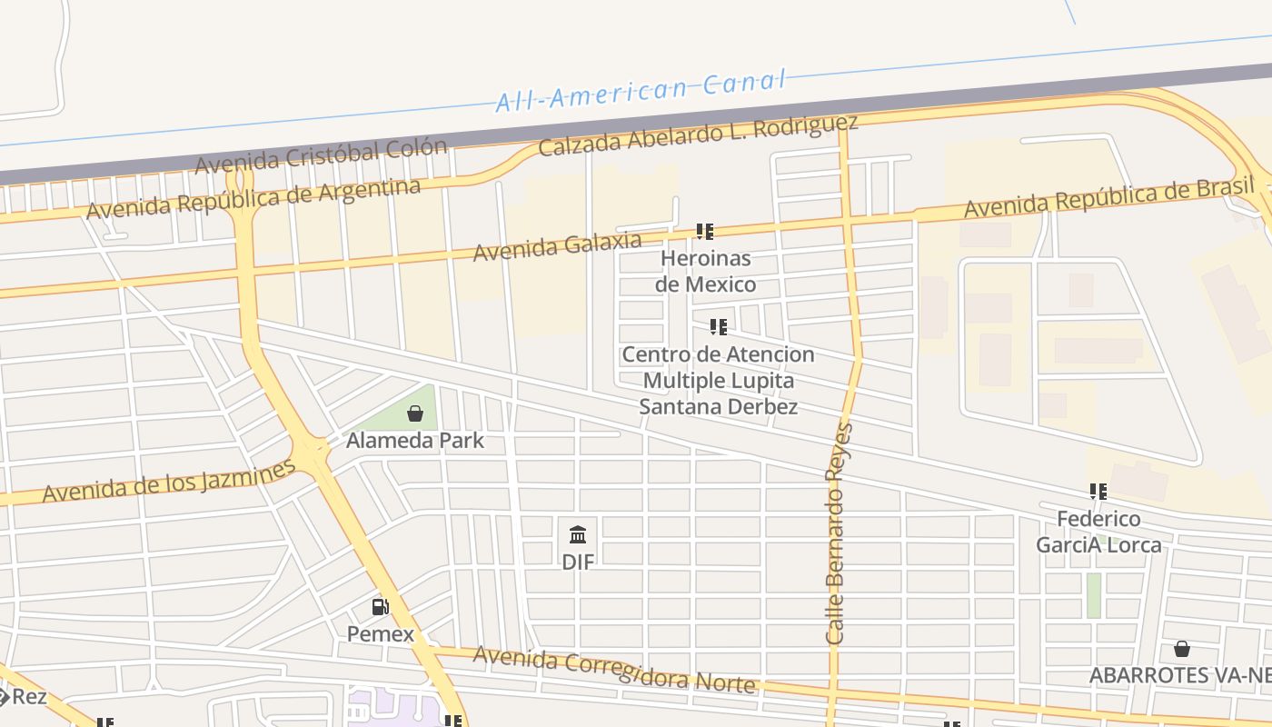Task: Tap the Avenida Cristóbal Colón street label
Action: (321, 156)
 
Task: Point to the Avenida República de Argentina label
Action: (253, 198)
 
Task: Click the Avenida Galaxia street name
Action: (557, 245)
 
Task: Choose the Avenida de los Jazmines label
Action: (169, 482)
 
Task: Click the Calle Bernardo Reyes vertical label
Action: (840, 534)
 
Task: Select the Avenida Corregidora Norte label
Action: (613, 670)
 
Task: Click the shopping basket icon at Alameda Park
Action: (415, 414)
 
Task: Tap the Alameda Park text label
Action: (415, 441)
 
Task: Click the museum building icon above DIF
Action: (578, 534)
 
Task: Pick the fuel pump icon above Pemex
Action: (381, 607)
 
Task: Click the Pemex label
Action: (381, 634)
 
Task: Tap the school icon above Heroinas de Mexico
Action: (705, 232)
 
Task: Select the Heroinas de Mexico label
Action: (706, 271)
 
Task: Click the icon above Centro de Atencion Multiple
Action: (719, 327)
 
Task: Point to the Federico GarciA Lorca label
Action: (1098, 532)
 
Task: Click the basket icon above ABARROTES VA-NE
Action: (1182, 649)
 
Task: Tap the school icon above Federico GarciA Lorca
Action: (1098, 492)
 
